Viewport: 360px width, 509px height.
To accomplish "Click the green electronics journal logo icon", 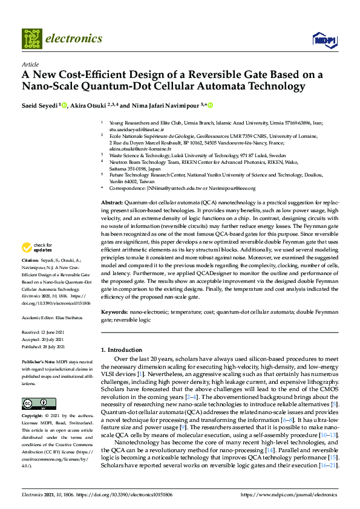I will coord(32,38).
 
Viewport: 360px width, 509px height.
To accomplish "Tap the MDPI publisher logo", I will coord(324,40).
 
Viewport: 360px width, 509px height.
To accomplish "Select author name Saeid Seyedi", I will coord(39,105).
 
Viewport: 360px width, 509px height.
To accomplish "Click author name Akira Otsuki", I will coord(90,105).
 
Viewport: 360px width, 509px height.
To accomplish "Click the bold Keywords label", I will coord(114,312).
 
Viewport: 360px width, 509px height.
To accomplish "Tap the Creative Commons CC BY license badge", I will coord(34,403).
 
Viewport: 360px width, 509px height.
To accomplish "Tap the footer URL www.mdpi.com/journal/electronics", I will coord(289,494).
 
